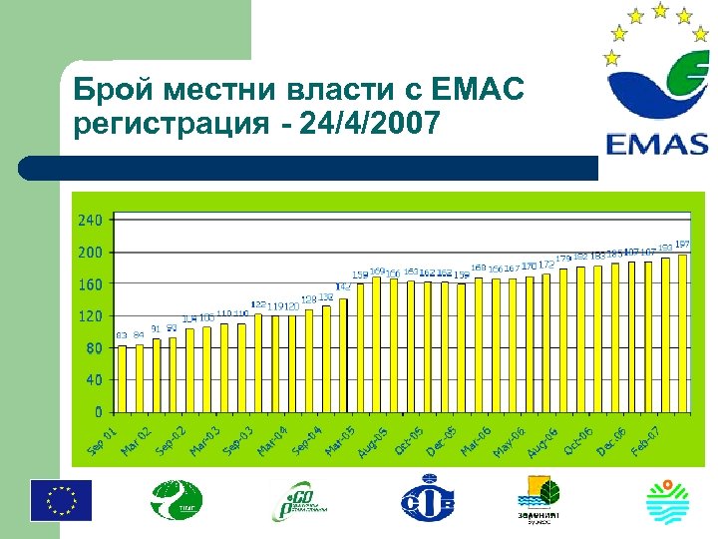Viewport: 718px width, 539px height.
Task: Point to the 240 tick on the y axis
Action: tap(90, 220)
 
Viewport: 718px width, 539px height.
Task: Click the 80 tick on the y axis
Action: tap(94, 347)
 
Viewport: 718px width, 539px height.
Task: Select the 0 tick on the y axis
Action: tap(98, 410)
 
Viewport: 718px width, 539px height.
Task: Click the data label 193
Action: tap(665, 248)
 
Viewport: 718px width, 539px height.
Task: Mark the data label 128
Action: tap(308, 299)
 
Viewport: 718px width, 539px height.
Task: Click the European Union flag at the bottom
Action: tap(61, 499)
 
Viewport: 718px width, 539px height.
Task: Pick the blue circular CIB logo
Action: tap(428, 499)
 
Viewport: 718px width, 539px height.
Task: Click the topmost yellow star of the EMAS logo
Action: tap(660, 10)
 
